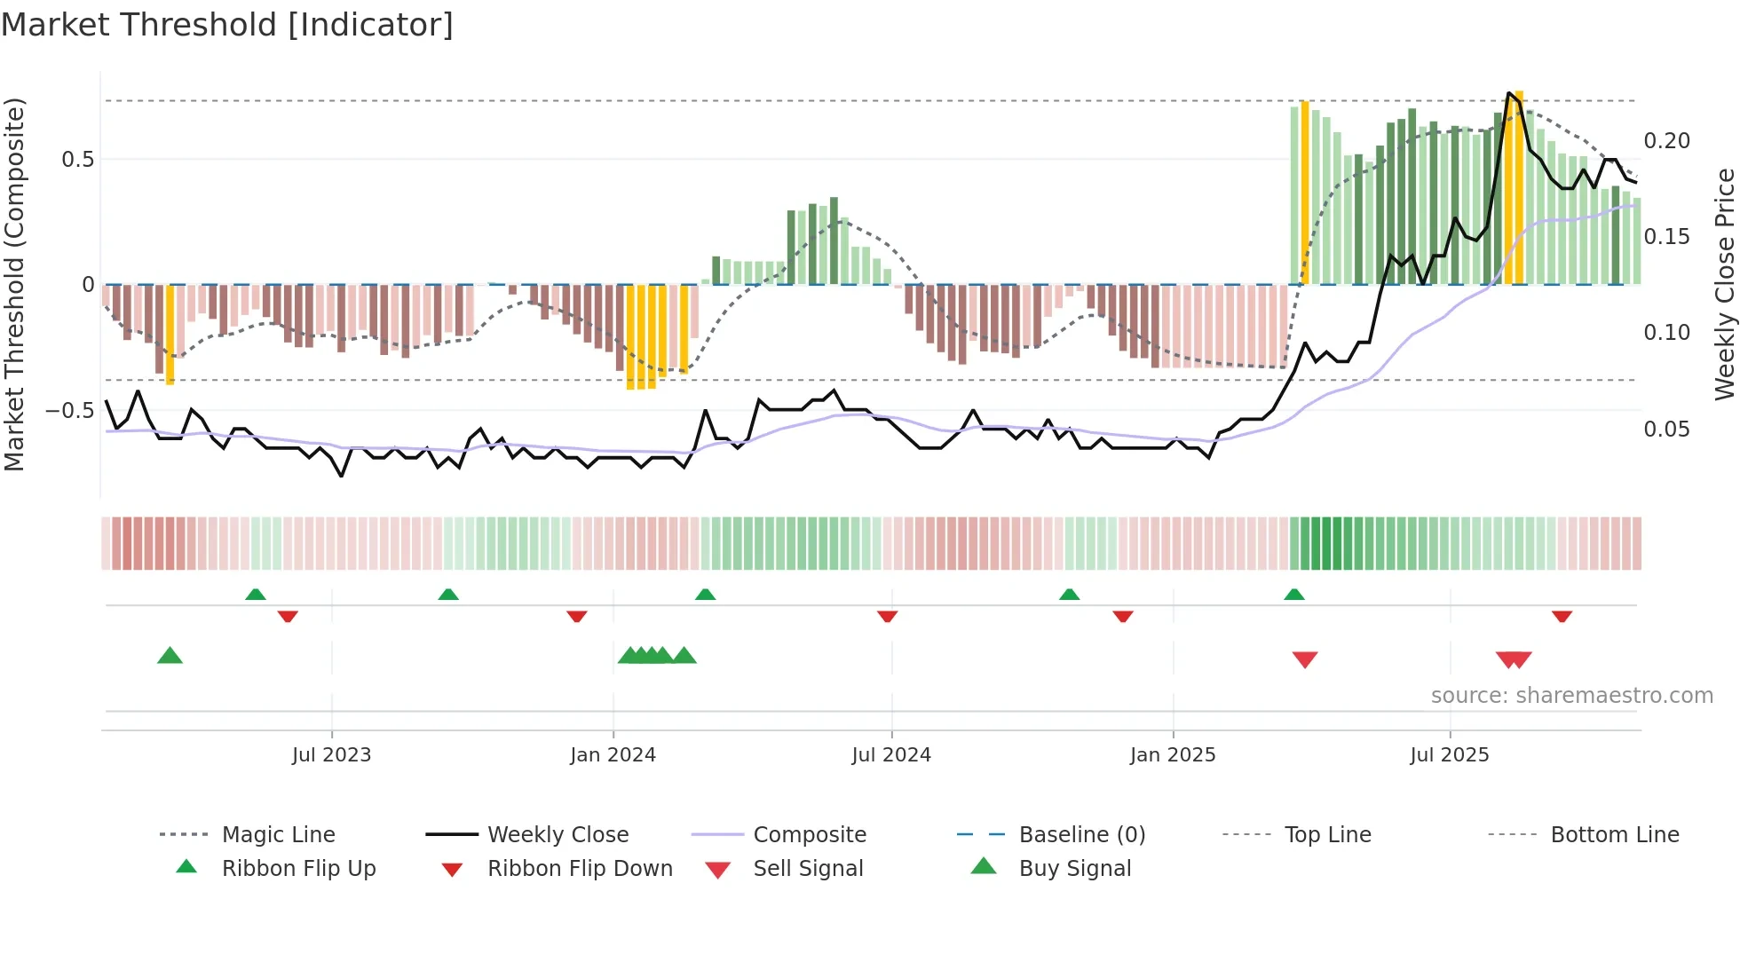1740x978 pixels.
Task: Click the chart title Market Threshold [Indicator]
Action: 227,25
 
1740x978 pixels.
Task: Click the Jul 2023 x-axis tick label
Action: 331,755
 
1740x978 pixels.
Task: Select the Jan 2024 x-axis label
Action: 613,755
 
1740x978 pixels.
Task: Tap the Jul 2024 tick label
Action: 891,755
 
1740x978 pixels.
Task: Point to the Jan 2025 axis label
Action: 1173,755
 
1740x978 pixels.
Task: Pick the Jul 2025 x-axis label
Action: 1450,755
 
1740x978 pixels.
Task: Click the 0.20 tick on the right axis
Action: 1666,141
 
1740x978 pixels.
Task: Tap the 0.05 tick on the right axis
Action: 1666,430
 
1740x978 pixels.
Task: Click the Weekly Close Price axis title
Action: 1724,284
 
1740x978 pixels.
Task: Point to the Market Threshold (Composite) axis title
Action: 14,284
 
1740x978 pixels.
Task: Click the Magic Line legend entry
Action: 278,835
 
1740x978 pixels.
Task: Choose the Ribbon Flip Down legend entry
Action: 580,869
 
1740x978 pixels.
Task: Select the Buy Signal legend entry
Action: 1074,869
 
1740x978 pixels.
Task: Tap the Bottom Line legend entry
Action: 1614,835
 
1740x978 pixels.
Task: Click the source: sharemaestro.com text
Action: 1571,696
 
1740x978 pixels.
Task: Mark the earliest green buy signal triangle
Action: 170,656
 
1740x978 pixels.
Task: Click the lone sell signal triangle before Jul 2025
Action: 1304,659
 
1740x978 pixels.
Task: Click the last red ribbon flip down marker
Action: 1562,616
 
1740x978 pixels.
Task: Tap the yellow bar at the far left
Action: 170,335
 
